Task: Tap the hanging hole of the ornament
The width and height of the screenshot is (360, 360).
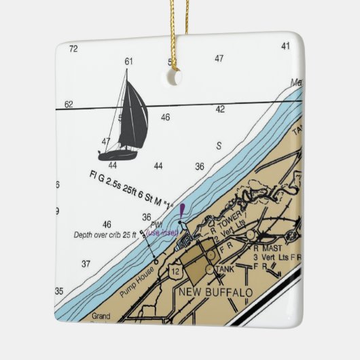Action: click(174, 78)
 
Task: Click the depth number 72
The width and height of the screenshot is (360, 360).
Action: click(73, 48)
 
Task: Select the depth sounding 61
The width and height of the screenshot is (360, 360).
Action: click(129, 61)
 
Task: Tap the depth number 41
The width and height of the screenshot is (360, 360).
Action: click(285, 46)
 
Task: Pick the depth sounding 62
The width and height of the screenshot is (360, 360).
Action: click(69, 105)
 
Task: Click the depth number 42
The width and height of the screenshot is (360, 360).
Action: click(220, 109)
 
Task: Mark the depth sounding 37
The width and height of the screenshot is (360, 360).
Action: click(86, 264)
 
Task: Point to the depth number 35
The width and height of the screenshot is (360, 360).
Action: click(59, 291)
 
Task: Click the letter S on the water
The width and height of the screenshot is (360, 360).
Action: click(219, 145)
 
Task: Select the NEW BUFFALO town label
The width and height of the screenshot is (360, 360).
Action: click(215, 293)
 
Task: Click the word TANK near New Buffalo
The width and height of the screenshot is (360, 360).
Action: click(224, 270)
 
